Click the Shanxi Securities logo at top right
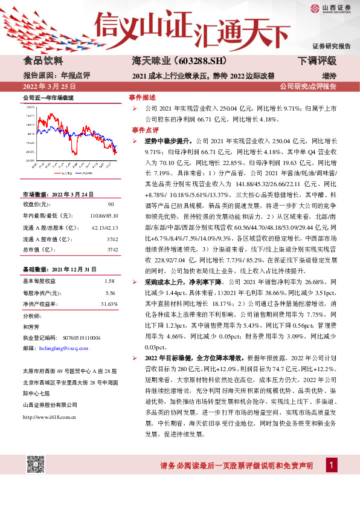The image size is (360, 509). (x=330, y=8)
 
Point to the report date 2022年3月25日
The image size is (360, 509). (x=48, y=86)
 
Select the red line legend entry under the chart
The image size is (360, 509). (x=63, y=173)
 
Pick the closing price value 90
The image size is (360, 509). (x=109, y=205)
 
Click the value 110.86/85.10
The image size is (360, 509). (x=103, y=215)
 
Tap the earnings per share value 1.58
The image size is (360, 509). (x=109, y=282)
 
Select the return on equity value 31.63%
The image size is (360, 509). (x=108, y=303)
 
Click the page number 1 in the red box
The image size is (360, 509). (x=331, y=481)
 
